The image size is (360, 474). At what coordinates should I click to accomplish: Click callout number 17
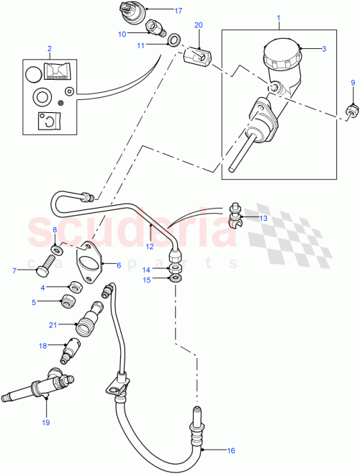coord(179,11)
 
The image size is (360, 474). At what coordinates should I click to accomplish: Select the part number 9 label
coord(353,83)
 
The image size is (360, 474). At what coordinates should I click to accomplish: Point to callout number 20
coord(199,25)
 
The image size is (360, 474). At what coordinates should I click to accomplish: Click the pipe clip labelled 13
coord(235,214)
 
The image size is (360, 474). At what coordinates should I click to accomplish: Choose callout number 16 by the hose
coord(230,451)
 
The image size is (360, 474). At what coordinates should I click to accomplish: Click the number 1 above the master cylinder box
coord(279,14)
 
